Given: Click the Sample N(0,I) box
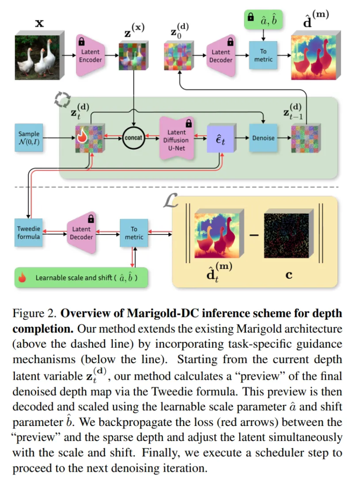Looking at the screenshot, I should click(x=29, y=138).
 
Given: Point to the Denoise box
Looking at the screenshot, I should click(x=263, y=138).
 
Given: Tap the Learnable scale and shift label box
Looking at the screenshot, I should click(x=82, y=277).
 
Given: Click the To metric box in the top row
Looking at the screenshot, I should click(x=263, y=55).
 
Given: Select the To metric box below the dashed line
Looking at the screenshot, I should click(x=134, y=232).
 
